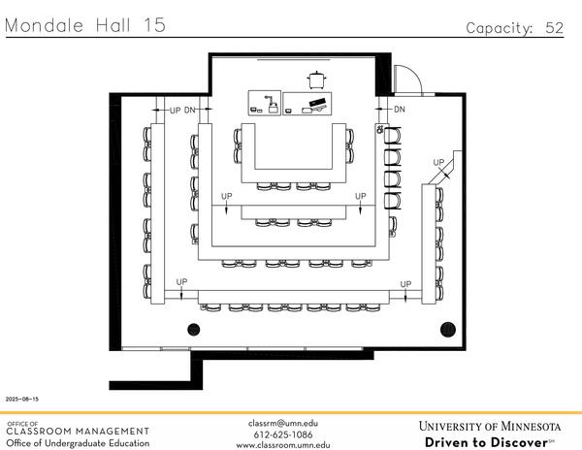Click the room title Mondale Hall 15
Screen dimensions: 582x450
pyautogui.click(x=85, y=25)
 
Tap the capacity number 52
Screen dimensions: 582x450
pyautogui.click(x=554, y=28)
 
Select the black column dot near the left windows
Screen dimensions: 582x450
pyautogui.click(x=194, y=329)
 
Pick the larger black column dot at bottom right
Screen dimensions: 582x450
pyautogui.click(x=447, y=329)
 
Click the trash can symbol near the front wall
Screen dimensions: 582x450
pyautogui.click(x=316, y=80)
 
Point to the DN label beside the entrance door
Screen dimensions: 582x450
pyautogui.click(x=400, y=110)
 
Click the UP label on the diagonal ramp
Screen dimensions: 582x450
pyautogui.click(x=438, y=163)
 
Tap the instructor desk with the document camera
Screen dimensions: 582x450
pyautogui.click(x=265, y=103)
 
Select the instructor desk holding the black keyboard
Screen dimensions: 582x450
pyautogui.click(x=307, y=104)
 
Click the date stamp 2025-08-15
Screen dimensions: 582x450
pyautogui.click(x=22, y=400)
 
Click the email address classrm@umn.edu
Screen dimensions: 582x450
pyautogui.click(x=283, y=423)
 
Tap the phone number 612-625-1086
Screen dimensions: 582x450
pyautogui.click(x=283, y=434)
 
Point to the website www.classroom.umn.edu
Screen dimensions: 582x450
pyautogui.click(x=283, y=445)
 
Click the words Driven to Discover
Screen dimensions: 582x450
pyautogui.click(x=486, y=442)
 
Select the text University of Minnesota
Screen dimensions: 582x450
pyautogui.click(x=490, y=427)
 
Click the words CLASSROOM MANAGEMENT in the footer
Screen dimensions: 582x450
pyautogui.click(x=78, y=432)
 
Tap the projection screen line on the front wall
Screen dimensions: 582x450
pyautogui.click(x=294, y=59)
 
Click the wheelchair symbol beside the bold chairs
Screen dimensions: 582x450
pyautogui.click(x=379, y=129)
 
